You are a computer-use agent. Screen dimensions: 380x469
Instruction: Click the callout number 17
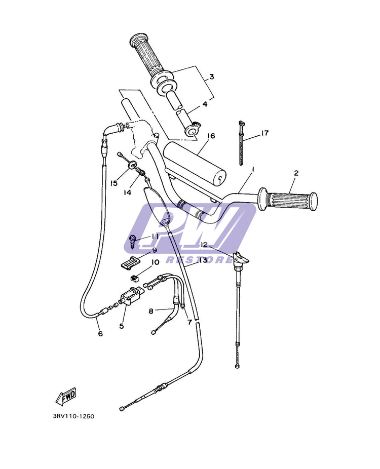pyautogui.click(x=264, y=133)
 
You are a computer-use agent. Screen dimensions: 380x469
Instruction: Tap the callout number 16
pyautogui.click(x=211, y=136)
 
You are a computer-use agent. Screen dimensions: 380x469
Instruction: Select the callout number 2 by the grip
pyautogui.click(x=296, y=173)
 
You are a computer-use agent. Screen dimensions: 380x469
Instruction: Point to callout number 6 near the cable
pyautogui.click(x=100, y=333)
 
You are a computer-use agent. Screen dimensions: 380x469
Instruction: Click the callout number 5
pyautogui.click(x=122, y=326)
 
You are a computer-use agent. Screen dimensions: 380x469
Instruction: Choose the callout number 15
pyautogui.click(x=113, y=183)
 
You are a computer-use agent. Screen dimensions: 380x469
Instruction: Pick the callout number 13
pyautogui.click(x=203, y=260)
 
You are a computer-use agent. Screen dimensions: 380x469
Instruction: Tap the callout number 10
pyautogui.click(x=155, y=262)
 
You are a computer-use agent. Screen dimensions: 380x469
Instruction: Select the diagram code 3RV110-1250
pyautogui.click(x=74, y=416)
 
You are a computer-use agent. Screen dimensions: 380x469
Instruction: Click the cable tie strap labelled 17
pyautogui.click(x=241, y=143)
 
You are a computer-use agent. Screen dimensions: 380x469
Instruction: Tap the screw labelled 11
pyautogui.click(x=133, y=241)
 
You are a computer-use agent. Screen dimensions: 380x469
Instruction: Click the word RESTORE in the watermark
pyautogui.click(x=199, y=260)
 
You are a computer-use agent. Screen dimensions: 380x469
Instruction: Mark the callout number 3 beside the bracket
pyautogui.click(x=212, y=76)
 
